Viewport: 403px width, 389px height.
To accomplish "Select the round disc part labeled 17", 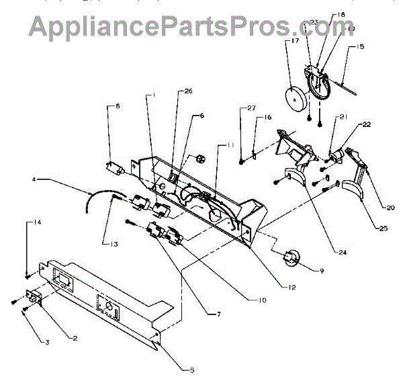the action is click(296, 99).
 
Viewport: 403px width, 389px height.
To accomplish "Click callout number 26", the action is click(187, 92).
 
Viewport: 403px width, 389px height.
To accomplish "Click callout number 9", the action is click(321, 271).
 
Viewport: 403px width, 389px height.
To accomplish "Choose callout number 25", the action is click(383, 228).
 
